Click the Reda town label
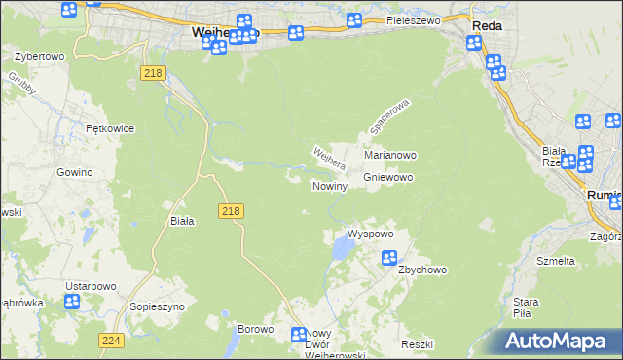[487, 26]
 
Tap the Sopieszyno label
[157, 306]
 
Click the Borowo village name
[255, 329]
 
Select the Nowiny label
[330, 186]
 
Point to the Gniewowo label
[389, 178]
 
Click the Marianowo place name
[390, 155]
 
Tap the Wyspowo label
[370, 234]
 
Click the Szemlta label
[556, 261]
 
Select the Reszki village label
[416, 345]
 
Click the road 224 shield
[110, 340]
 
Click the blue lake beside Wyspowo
[342, 251]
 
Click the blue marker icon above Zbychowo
[388, 258]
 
